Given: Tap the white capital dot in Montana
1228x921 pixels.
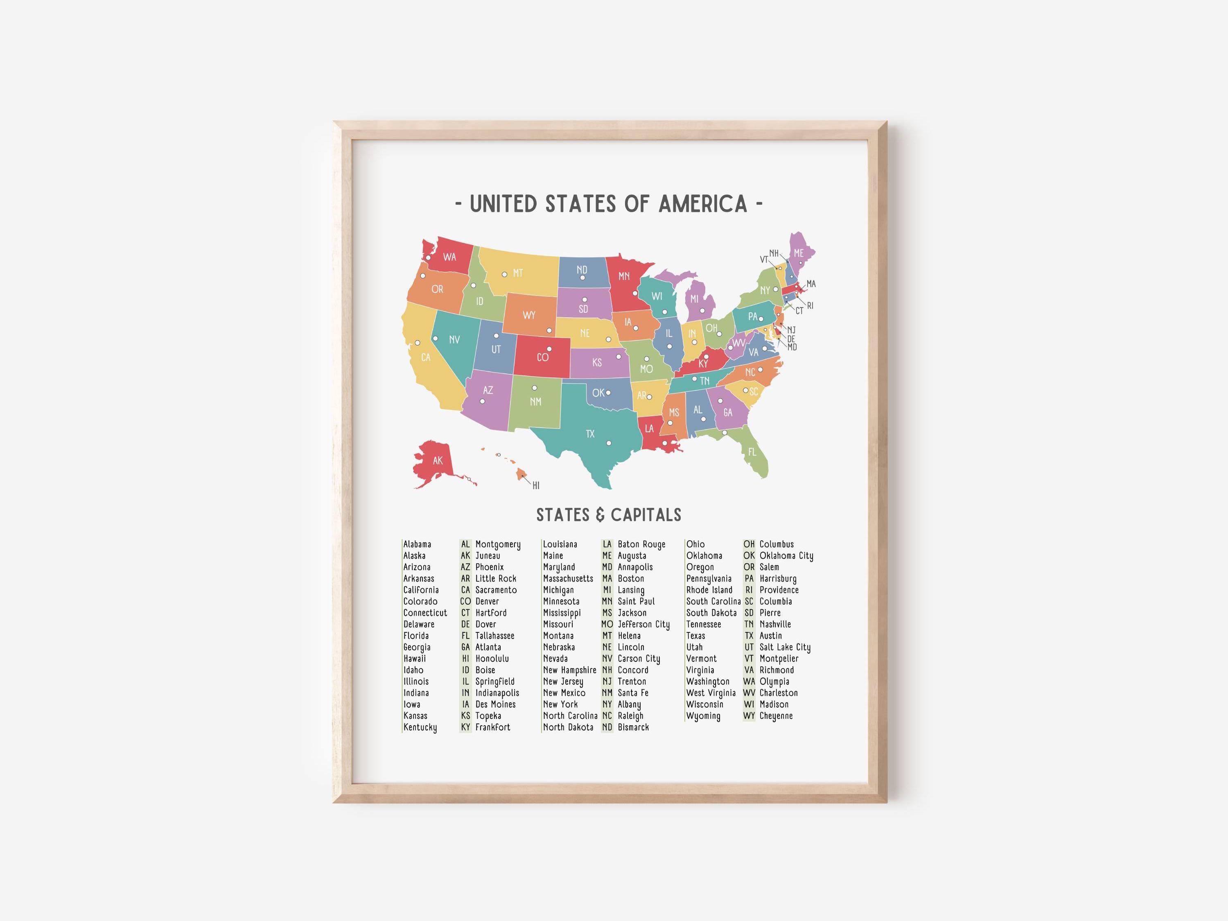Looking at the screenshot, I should pos(504,274).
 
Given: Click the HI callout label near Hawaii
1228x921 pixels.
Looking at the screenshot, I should pos(536,486).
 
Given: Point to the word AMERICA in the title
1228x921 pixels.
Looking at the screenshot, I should pos(703,204).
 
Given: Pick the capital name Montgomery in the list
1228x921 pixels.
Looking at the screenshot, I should pos(498,544).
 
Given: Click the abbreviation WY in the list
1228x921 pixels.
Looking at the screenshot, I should pos(749,716).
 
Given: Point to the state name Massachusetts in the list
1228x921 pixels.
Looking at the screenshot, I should pos(568,578).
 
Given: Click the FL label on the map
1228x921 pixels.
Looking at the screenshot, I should pos(752,452).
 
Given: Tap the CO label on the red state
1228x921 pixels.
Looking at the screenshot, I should pos(542,357).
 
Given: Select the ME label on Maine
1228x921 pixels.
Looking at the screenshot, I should pos(798,253).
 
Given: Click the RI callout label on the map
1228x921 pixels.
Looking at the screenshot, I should pos(810,306).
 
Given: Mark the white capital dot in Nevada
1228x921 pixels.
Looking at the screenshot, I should pos(435,338).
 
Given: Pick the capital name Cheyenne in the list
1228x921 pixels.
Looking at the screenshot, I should pos(776,716).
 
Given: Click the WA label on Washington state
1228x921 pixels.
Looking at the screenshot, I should pos(449,257).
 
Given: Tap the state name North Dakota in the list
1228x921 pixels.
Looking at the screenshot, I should pos(568,727).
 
